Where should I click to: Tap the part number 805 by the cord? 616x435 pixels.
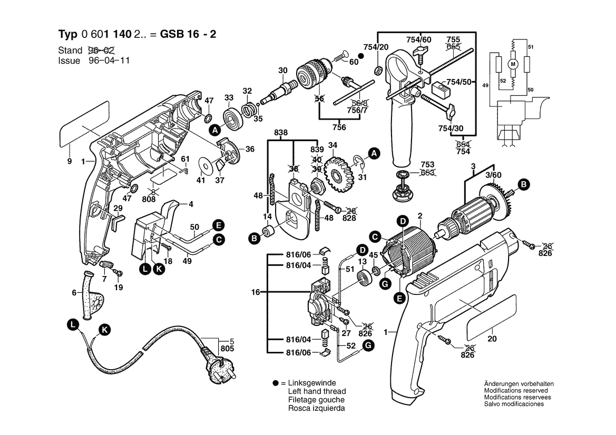tap(227, 348)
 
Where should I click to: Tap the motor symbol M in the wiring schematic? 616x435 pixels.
tap(512, 64)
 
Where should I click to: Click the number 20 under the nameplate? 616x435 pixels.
tap(492, 339)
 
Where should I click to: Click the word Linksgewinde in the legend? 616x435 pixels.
tap(313, 383)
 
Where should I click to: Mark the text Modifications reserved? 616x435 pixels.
tap(515, 391)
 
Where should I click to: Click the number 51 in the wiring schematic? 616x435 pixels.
tap(531, 48)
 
